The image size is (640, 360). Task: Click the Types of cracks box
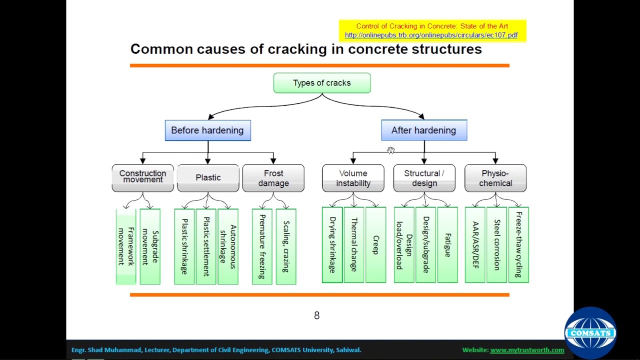tap(322, 83)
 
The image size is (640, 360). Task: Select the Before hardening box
tap(207, 130)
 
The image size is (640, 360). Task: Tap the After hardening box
tap(424, 130)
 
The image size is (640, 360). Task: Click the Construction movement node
tap(142, 177)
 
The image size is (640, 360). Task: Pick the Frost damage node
tap(273, 178)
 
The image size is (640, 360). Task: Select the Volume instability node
tap(353, 178)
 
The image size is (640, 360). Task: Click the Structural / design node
tap(424, 178)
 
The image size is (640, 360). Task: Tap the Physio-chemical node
tap(495, 178)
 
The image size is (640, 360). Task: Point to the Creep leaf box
tap(375, 245)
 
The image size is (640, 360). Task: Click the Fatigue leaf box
tap(447, 245)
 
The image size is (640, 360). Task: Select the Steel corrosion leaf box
tap(496, 245)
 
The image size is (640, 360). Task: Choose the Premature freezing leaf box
tap(262, 246)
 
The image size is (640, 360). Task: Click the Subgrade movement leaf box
tap(150, 246)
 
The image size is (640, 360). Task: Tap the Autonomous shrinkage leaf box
tap(228, 246)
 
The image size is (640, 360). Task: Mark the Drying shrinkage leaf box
tap(332, 245)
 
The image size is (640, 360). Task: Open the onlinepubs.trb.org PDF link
tap(431, 35)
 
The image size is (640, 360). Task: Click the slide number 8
tap(316, 315)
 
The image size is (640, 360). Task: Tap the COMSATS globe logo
tap(590, 332)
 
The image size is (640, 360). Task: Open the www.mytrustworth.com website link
tap(527, 350)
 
